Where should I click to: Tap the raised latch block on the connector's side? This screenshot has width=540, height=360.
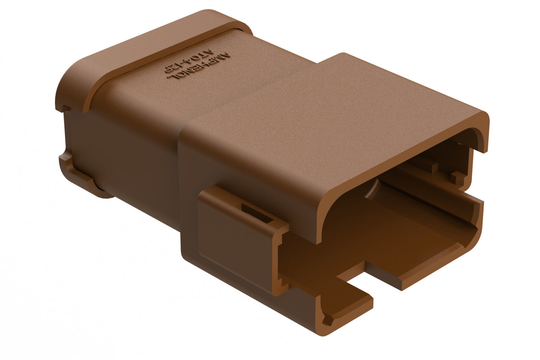(239, 232)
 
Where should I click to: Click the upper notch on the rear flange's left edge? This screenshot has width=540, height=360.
(64, 108)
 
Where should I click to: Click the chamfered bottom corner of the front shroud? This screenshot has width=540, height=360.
(329, 320)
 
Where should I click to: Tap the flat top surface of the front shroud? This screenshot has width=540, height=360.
(336, 112)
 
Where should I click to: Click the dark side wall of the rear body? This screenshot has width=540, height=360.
(123, 150)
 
